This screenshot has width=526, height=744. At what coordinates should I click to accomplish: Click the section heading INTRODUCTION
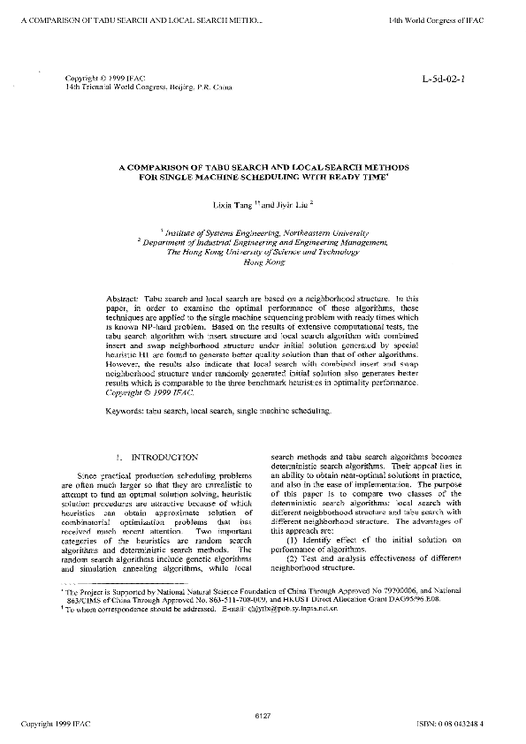[x=164, y=458]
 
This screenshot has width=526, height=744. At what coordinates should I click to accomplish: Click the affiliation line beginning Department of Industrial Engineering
[x=263, y=241]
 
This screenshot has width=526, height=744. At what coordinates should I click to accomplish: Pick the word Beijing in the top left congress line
[x=157, y=89]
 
